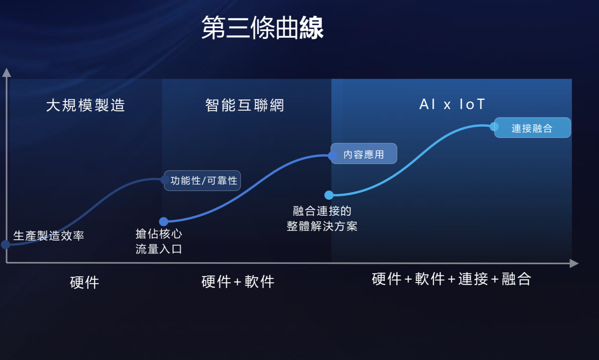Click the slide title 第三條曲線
click(x=262, y=28)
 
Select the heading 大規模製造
click(x=85, y=105)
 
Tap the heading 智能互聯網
click(x=245, y=105)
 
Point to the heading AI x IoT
click(x=452, y=104)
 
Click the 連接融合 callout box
click(x=532, y=127)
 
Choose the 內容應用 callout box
click(x=364, y=154)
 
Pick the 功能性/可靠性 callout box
click(x=202, y=180)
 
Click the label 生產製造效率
click(x=49, y=236)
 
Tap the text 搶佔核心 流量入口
click(x=159, y=241)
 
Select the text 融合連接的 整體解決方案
click(x=322, y=218)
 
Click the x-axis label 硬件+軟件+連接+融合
click(x=451, y=279)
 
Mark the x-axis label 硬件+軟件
click(x=238, y=282)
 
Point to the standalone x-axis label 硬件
click(x=85, y=283)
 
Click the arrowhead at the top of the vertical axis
click(x=6, y=73)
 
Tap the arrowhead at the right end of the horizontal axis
click(x=574, y=263)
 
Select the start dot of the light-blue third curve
click(x=329, y=195)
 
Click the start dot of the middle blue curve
click(x=164, y=221)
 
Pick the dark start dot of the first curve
click(x=6, y=245)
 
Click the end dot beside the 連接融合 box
click(x=494, y=127)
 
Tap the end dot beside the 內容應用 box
click(x=332, y=156)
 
